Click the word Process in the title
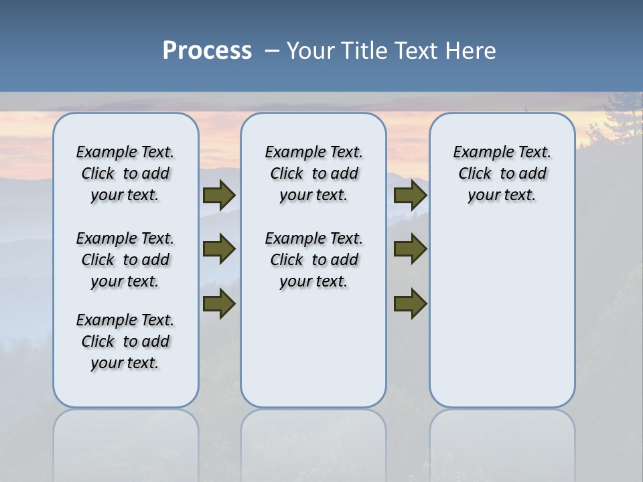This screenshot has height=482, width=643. (207, 51)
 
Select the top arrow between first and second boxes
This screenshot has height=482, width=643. (219, 195)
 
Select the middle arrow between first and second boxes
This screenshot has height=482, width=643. (219, 249)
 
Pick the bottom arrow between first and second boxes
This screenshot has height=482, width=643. (219, 304)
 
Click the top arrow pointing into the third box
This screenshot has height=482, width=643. (410, 195)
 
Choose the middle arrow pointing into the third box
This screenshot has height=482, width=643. (410, 249)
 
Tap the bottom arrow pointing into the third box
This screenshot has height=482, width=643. (410, 304)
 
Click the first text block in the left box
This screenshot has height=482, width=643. (125, 173)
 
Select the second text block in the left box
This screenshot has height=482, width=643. (125, 260)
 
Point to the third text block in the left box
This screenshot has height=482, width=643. (125, 341)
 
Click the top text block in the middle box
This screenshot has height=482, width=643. (313, 173)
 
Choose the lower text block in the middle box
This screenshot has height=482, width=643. (313, 260)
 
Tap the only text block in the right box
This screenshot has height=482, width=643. (502, 173)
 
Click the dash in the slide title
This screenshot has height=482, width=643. (272, 52)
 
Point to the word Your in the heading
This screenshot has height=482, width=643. (311, 51)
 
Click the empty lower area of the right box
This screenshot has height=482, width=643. (502, 315)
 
